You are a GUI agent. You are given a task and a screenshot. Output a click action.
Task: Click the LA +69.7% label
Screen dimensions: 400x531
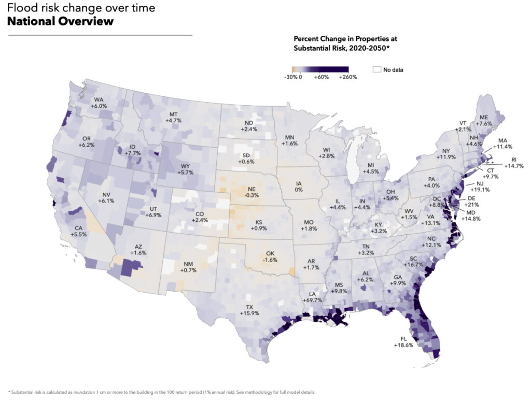(312, 297)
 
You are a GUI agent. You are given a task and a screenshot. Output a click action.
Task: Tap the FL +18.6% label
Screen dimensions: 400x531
(403, 341)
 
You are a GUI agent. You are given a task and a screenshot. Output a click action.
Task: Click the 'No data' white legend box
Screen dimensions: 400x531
(376, 69)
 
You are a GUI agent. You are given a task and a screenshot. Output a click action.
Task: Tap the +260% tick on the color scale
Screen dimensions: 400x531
(348, 77)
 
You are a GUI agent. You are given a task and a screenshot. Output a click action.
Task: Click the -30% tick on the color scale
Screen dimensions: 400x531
(290, 77)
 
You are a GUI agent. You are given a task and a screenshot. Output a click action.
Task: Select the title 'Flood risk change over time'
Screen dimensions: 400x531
(80, 8)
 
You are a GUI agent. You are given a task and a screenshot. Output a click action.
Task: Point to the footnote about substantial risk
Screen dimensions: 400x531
(161, 392)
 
